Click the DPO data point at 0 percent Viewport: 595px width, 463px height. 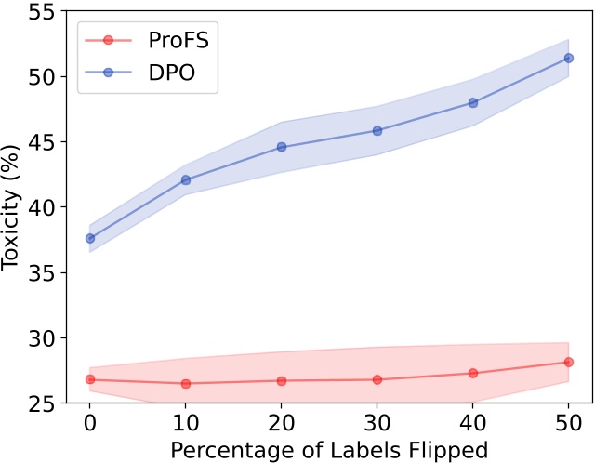click(90, 238)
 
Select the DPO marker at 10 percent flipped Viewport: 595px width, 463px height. click(186, 179)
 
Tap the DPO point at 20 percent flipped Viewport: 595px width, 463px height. click(282, 147)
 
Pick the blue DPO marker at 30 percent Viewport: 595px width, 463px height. click(377, 130)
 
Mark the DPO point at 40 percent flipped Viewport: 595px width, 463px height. click(473, 102)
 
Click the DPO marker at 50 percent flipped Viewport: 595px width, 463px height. click(569, 58)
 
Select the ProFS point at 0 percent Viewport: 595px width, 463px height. click(90, 379)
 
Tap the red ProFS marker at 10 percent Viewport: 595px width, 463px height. click(186, 383)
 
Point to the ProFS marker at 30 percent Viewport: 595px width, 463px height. click(377, 379)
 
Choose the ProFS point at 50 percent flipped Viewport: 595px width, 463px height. click(569, 362)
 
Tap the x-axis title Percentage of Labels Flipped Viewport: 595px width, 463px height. click(329, 450)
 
